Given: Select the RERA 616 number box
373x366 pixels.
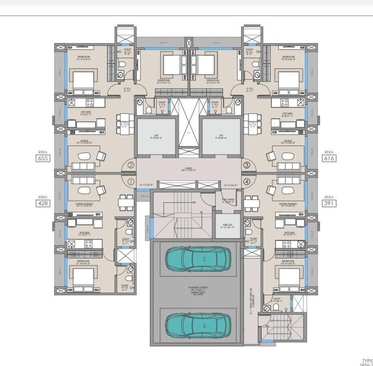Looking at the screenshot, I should coord(329,158).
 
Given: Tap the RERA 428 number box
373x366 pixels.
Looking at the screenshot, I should coord(42,203).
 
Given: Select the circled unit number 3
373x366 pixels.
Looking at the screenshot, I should coord(246,165).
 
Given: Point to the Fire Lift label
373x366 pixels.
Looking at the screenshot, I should coord(223,226).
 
